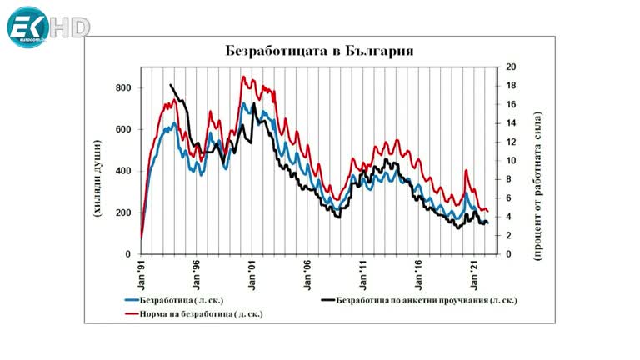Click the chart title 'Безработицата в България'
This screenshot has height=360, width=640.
point(320,51)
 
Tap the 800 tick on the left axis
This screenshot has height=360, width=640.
point(123,88)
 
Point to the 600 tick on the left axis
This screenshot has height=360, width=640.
point(123,130)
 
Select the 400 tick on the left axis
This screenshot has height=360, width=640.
point(123,171)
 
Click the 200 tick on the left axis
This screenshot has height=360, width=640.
point(123,212)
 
